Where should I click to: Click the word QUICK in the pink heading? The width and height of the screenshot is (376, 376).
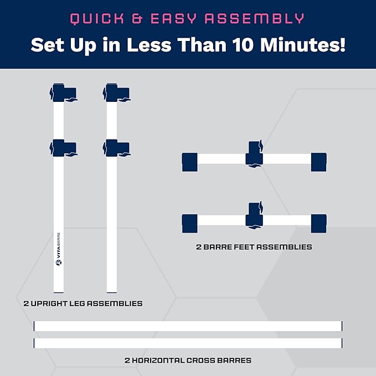point(97,19)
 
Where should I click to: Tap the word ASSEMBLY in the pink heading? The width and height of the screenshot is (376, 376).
point(254,18)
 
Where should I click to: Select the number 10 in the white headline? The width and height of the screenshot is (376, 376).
point(244,45)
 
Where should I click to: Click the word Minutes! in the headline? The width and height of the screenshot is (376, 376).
point(303,45)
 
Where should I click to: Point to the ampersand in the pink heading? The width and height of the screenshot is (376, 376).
point(138,18)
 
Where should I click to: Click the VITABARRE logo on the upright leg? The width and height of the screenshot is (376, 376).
point(59,249)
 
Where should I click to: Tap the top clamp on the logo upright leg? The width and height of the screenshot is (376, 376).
point(64,93)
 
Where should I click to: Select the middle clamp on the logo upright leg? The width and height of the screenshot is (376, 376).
point(64,148)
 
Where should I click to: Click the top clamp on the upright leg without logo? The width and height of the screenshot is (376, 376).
point(117,93)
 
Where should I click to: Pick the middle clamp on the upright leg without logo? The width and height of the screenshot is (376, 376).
point(117,148)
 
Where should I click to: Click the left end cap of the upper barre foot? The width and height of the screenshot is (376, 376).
point(190,162)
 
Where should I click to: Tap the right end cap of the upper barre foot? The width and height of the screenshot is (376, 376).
point(319,162)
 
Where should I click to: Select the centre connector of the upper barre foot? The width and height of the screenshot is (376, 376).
point(254,154)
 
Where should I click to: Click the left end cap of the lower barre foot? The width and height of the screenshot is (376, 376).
point(190,224)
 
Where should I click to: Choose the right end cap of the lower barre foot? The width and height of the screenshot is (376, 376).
point(319,224)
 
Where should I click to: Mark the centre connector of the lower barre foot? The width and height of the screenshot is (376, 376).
point(254,216)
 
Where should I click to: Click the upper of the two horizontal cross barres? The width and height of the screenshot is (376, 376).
point(188,326)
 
